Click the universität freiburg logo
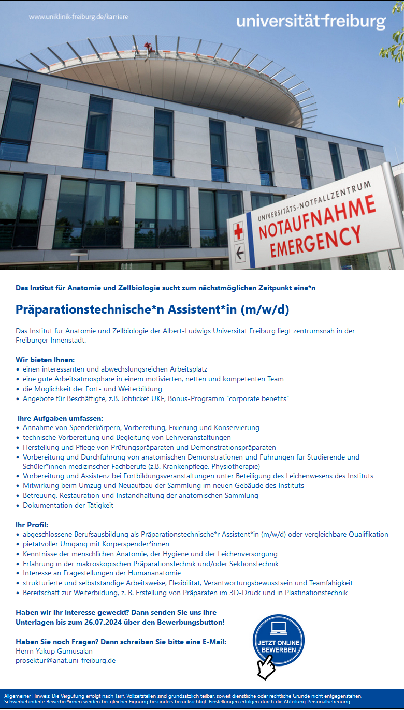[311, 22]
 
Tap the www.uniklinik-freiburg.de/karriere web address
[78, 17]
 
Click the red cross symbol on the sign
[238, 231]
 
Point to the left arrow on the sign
[240, 254]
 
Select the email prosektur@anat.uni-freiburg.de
[66, 660]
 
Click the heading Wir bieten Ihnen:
[45, 359]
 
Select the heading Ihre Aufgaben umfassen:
[61, 418]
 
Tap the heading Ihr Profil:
[32, 525]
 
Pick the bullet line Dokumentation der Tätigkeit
[68, 505]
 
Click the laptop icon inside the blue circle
[279, 628]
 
